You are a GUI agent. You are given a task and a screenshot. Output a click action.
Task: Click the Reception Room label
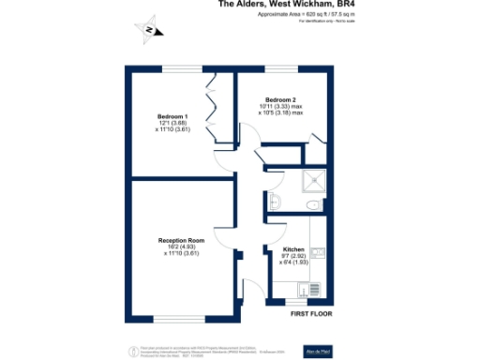point(181,240)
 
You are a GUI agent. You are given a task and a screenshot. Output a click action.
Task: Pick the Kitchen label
point(293,248)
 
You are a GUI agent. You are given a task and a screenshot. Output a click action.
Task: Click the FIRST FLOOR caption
point(310,313)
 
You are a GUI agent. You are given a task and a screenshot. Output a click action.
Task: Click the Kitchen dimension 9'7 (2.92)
point(293,255)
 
